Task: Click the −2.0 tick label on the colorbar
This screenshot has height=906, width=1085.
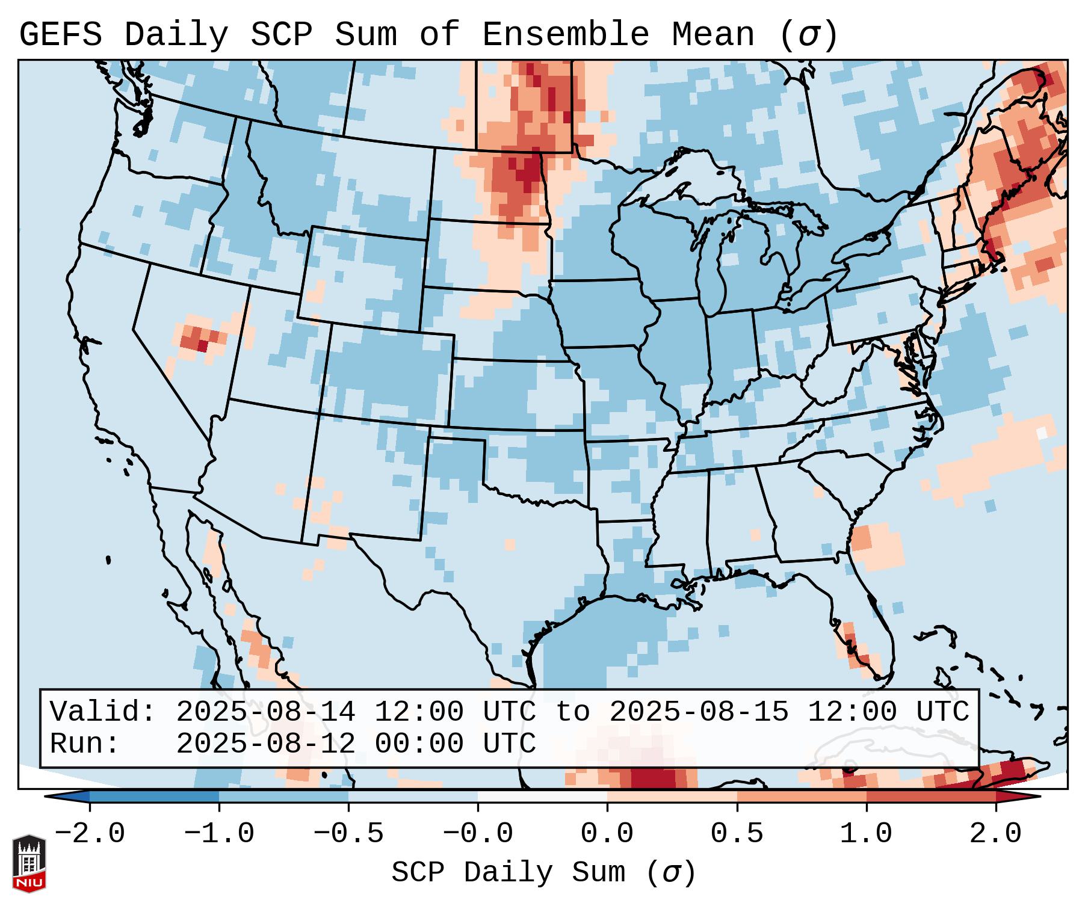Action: coord(90,834)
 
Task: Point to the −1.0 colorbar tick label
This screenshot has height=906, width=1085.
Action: coord(219,834)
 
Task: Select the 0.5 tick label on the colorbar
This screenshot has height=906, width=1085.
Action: coord(737,834)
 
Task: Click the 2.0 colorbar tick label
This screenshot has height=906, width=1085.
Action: coord(995,834)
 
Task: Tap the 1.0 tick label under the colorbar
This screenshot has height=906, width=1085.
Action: coord(866,834)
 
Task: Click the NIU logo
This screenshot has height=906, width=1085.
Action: coord(29,863)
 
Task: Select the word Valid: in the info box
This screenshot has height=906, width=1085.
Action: coord(103,712)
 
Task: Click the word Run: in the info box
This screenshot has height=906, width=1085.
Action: coord(85,744)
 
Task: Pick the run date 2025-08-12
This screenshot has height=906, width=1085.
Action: coord(265,744)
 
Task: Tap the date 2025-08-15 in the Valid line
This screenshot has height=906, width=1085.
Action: coord(699,712)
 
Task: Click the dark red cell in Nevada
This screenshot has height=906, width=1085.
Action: coord(203,346)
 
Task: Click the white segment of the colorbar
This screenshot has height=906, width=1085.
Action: coord(542,796)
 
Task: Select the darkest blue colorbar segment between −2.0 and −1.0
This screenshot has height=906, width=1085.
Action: coord(154,796)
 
